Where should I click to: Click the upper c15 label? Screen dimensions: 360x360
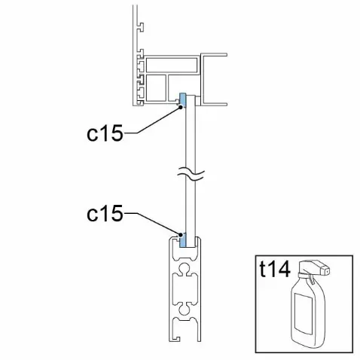[105, 133]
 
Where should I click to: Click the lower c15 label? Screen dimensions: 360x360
[105, 213]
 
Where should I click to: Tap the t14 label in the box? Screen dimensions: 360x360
[275, 269]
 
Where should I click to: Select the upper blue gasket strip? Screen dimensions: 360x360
[182, 100]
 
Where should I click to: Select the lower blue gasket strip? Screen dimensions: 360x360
[182, 239]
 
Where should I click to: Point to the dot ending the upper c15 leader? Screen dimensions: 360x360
[180, 107]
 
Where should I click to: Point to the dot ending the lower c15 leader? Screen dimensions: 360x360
[180, 235]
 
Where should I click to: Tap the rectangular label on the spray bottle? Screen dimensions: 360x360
[304, 313]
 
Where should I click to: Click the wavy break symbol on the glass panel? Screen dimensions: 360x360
[191, 174]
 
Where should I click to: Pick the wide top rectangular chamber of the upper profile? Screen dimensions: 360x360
[172, 65]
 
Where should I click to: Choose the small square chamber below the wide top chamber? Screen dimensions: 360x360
[156, 87]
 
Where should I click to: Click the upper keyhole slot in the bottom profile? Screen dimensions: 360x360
[185, 269]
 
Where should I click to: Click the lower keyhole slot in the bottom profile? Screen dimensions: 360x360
[185, 308]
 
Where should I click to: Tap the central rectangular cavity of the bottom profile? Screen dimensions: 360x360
[185, 288]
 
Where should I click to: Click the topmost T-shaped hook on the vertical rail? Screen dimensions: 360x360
[141, 27]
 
